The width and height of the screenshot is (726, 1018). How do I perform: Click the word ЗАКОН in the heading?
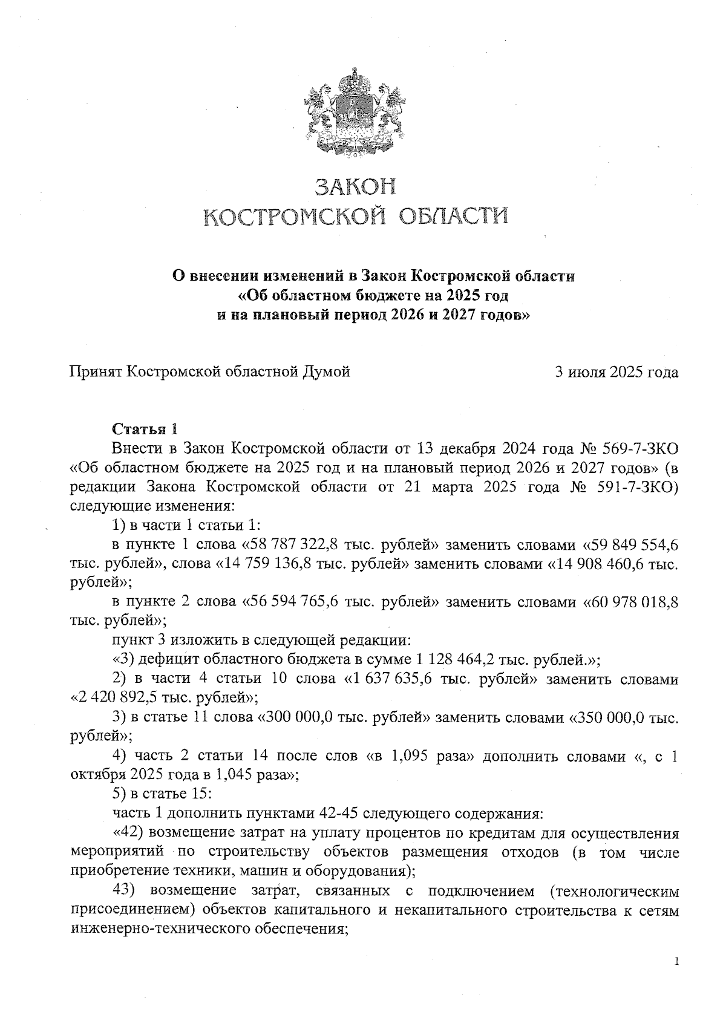(x=356, y=188)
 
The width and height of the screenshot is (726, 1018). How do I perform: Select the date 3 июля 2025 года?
(x=616, y=372)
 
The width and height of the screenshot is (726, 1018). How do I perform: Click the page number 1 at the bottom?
(x=676, y=961)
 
